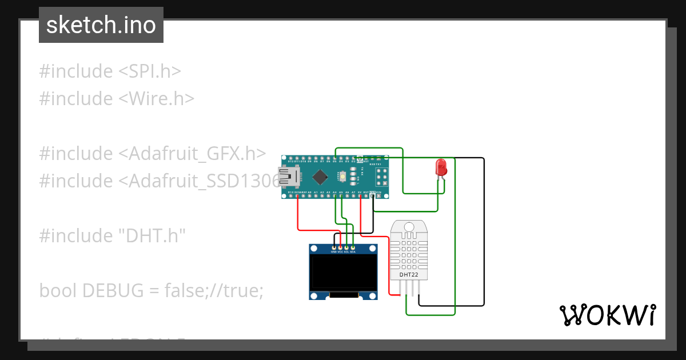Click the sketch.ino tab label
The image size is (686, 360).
tap(101, 25)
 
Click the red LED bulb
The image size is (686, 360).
tap(441, 167)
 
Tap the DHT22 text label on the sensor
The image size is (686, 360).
tap(409, 275)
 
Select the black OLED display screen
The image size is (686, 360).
tap(344, 273)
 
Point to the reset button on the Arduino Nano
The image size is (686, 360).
tap(342, 177)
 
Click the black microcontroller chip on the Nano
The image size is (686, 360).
tap(321, 177)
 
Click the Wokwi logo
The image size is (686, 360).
tap(607, 315)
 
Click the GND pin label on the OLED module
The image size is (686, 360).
tap(334, 251)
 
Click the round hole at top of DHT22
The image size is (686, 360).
tap(409, 227)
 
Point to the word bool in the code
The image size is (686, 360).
tap(58, 291)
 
